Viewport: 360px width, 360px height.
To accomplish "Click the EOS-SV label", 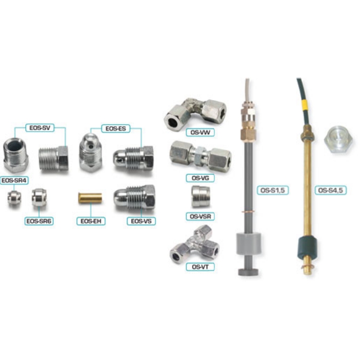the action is (40, 128).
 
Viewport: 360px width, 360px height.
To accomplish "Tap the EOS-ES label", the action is (116, 128).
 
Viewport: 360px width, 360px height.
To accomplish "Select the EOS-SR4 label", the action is (14, 180).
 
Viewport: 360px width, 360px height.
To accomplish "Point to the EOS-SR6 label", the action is (39, 221).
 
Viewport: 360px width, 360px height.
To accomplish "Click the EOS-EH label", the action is (91, 221).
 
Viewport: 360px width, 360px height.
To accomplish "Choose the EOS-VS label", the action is (141, 221).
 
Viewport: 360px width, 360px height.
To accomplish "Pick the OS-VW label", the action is (200, 132).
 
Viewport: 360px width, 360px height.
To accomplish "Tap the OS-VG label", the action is (200, 178).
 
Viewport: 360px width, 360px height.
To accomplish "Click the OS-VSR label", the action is (200, 216).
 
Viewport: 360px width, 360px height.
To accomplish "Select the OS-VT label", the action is (200, 267).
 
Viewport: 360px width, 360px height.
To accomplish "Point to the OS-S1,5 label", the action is (273, 190).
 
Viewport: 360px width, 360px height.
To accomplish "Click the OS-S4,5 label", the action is (330, 190).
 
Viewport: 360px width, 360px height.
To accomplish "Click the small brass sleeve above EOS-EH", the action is (90, 198).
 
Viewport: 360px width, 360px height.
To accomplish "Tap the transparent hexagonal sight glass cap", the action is (338, 140).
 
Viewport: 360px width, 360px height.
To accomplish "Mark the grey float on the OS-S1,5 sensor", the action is (249, 243).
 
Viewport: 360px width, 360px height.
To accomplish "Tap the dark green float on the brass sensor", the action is (308, 248).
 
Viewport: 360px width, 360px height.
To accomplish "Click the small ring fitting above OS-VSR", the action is (200, 196).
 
